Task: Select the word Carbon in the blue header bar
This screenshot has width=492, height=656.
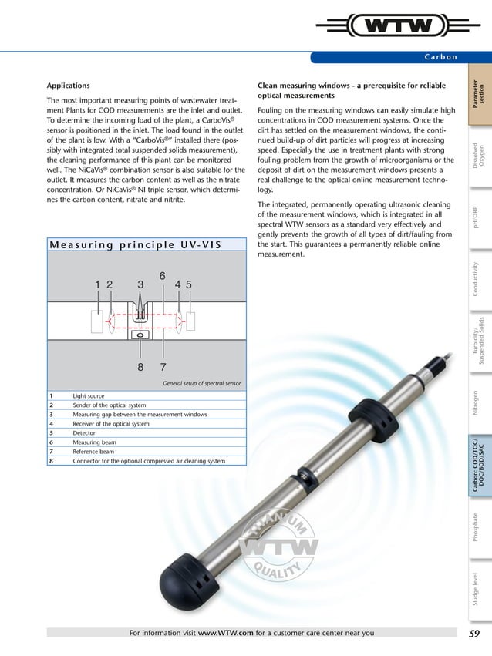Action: click(441, 57)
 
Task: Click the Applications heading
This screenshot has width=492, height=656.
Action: click(69, 85)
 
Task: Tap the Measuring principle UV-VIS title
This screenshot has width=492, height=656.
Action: click(135, 245)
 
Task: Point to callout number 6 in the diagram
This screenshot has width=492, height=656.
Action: click(163, 275)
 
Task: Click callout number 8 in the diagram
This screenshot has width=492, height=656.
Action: click(140, 368)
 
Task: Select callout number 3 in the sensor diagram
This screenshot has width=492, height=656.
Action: click(140, 284)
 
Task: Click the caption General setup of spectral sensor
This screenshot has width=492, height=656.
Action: click(202, 382)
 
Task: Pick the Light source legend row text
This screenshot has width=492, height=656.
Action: click(89, 396)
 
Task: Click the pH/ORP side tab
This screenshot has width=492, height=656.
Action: click(478, 217)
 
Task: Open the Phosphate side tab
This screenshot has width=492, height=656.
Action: click(478, 531)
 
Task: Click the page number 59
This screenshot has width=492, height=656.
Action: click(475, 634)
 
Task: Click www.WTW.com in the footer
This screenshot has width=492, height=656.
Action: click(226, 634)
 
